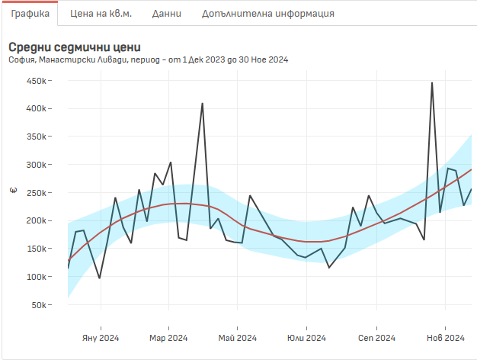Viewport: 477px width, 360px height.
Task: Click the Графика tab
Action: [x=30, y=14]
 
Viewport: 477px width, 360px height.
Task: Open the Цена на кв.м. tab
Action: [x=101, y=14]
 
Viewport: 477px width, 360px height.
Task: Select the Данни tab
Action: [x=166, y=14]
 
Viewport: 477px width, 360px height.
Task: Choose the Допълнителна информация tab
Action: [x=267, y=14]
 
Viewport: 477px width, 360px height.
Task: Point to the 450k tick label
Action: [x=37, y=81]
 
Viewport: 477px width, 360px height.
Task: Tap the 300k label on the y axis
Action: [x=37, y=165]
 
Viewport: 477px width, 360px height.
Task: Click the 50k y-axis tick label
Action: [x=39, y=305]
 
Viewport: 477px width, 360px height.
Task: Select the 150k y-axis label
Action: [x=37, y=249]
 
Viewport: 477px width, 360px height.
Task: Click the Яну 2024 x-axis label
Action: [x=99, y=338]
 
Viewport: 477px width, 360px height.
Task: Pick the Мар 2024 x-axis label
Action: [x=168, y=338]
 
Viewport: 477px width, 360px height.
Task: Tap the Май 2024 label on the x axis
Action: [x=237, y=338]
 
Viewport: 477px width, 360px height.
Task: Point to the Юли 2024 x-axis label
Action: [x=306, y=338]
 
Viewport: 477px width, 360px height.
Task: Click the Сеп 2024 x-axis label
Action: [x=376, y=338]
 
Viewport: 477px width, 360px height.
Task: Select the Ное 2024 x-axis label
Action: [x=445, y=338]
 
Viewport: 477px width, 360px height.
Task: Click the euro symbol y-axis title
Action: [x=12, y=191]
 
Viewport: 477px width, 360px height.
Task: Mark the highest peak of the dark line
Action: [x=432, y=83]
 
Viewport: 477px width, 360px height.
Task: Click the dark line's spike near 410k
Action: [x=202, y=104]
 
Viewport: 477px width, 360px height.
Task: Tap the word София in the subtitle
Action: [x=21, y=59]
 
